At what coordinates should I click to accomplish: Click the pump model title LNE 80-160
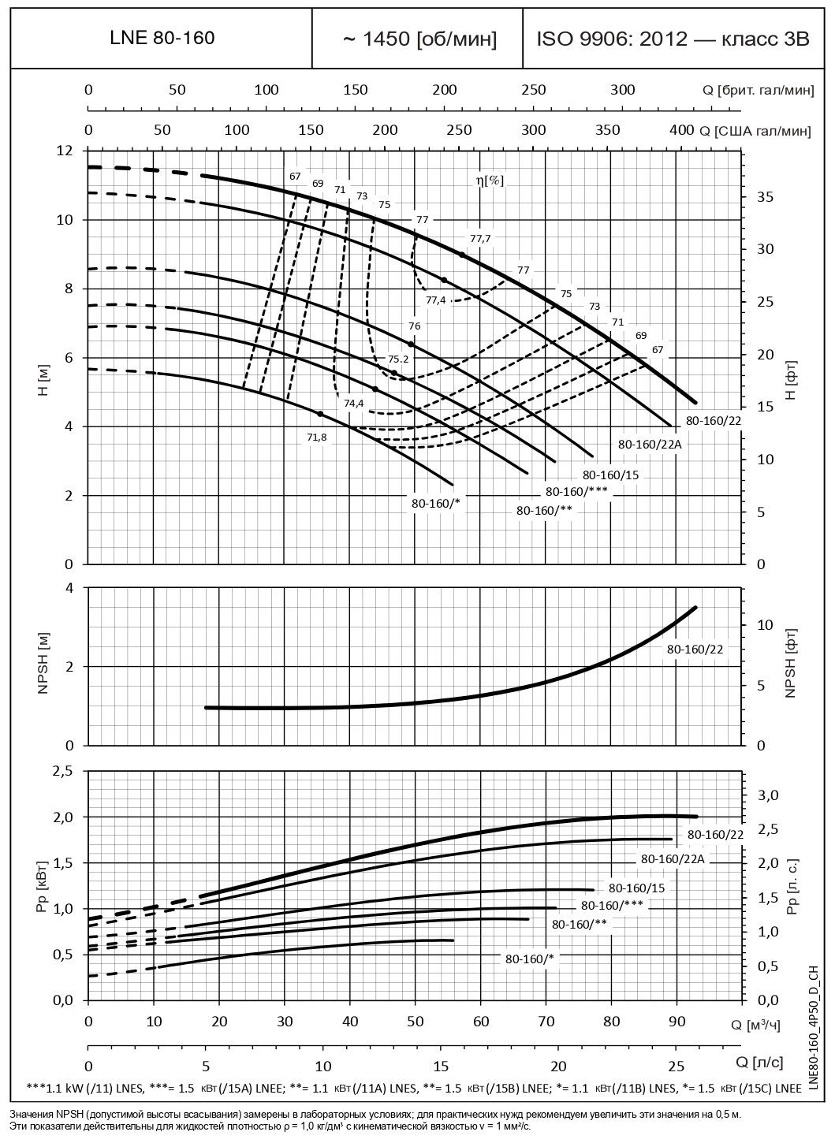(161, 38)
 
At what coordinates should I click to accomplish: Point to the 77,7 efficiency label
(479, 238)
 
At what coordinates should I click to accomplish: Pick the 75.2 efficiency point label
(398, 359)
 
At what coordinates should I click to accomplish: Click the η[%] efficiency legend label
(490, 181)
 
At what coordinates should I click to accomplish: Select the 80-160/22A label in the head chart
(649, 445)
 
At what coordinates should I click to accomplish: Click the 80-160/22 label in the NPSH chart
(695, 650)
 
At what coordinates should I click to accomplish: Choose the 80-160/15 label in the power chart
(637, 888)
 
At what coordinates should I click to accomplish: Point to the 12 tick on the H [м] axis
(65, 151)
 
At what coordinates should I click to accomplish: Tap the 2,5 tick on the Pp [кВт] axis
(62, 770)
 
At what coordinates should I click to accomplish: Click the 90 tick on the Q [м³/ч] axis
(676, 1022)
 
